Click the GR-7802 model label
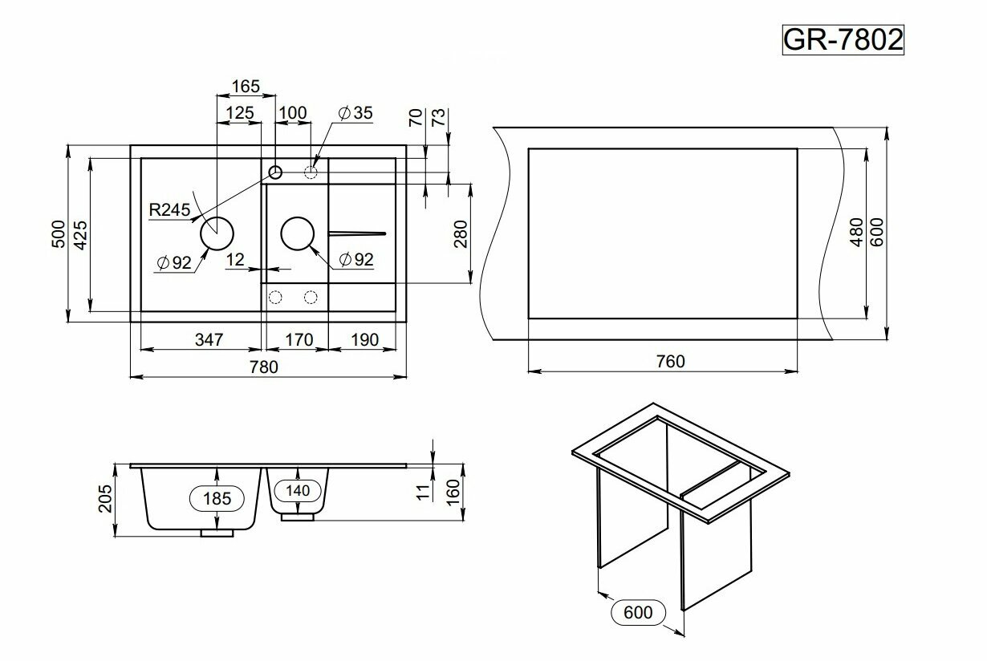pyautogui.click(x=843, y=39)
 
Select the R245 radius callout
pyautogui.click(x=169, y=210)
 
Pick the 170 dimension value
pyautogui.click(x=298, y=339)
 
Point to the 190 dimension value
pyautogui.click(x=364, y=339)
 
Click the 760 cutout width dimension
pyautogui.click(x=670, y=361)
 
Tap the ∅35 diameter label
pyautogui.click(x=355, y=113)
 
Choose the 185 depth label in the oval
pyautogui.click(x=217, y=498)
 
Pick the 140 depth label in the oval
pyautogui.click(x=298, y=489)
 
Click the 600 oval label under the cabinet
pyautogui.click(x=638, y=613)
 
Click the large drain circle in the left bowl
pyautogui.click(x=217, y=234)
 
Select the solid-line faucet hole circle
pyautogui.click(x=275, y=171)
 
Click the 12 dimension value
pyautogui.click(x=235, y=259)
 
